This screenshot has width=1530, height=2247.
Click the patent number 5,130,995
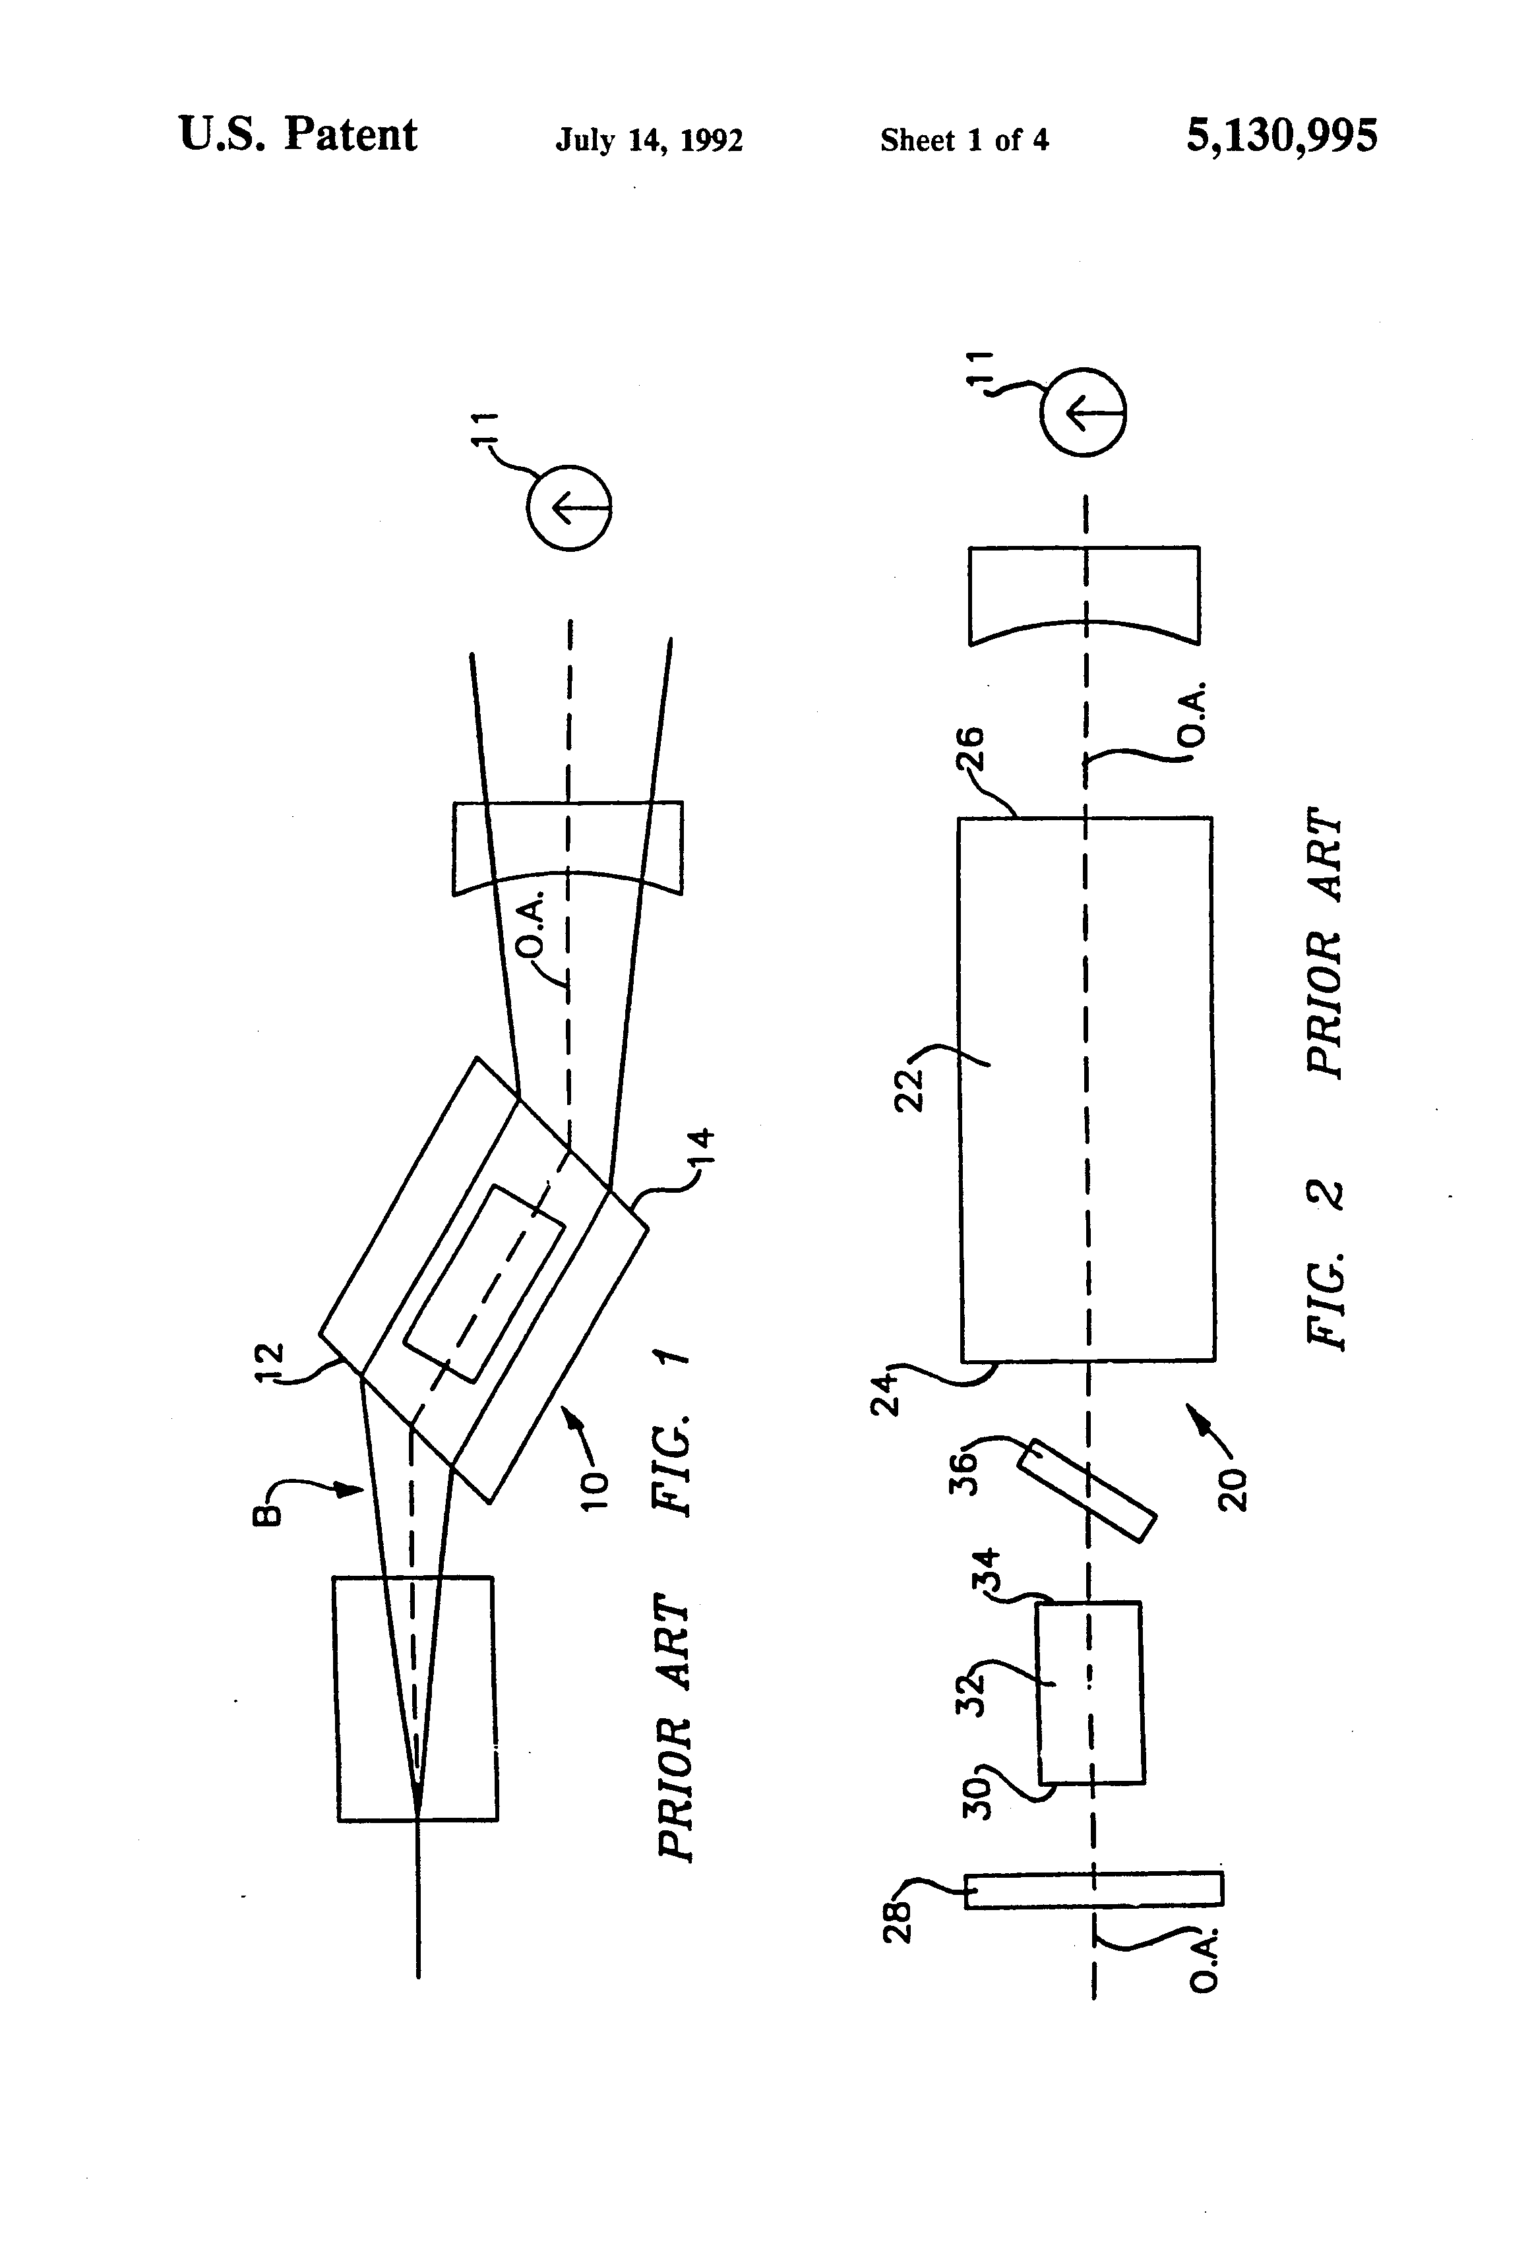1281,135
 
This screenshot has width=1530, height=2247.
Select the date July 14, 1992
648,141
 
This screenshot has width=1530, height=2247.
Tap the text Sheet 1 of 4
964,141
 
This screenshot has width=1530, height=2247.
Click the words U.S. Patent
298,135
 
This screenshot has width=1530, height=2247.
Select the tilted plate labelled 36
1086,1490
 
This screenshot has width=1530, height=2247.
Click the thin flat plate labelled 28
1094,1890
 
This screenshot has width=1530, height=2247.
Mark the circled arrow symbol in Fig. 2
1083,412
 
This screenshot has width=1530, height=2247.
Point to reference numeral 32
970,1692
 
